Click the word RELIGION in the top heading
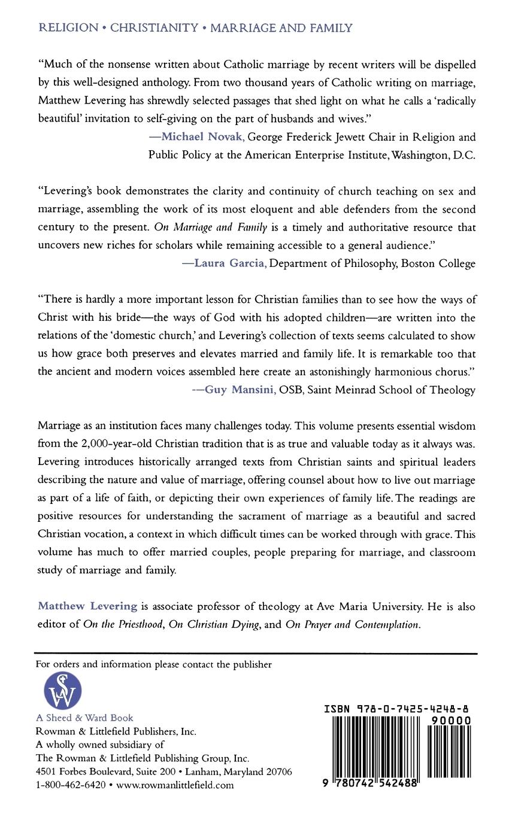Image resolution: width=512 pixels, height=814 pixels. (68, 28)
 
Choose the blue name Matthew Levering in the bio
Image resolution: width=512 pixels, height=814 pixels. (88, 606)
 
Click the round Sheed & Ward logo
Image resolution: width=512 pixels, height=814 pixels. (63, 691)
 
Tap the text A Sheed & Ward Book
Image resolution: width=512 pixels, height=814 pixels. (84, 718)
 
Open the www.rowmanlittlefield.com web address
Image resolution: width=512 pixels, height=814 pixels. (175, 785)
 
